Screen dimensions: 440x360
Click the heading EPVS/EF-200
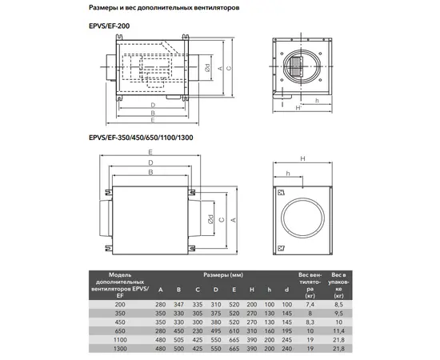[x=109, y=26]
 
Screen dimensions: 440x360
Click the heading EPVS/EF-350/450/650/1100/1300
[x=141, y=138]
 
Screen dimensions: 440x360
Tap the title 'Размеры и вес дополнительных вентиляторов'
[x=164, y=8]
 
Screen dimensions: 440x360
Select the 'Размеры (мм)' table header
[x=223, y=275]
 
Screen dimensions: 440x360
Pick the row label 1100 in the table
[x=120, y=340]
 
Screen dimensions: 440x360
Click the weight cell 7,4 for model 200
[x=310, y=305]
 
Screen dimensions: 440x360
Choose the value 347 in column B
[x=178, y=305]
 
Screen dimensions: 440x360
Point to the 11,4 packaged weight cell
[x=338, y=331]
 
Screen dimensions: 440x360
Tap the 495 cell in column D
[x=216, y=331]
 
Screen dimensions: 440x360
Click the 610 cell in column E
[x=234, y=331]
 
